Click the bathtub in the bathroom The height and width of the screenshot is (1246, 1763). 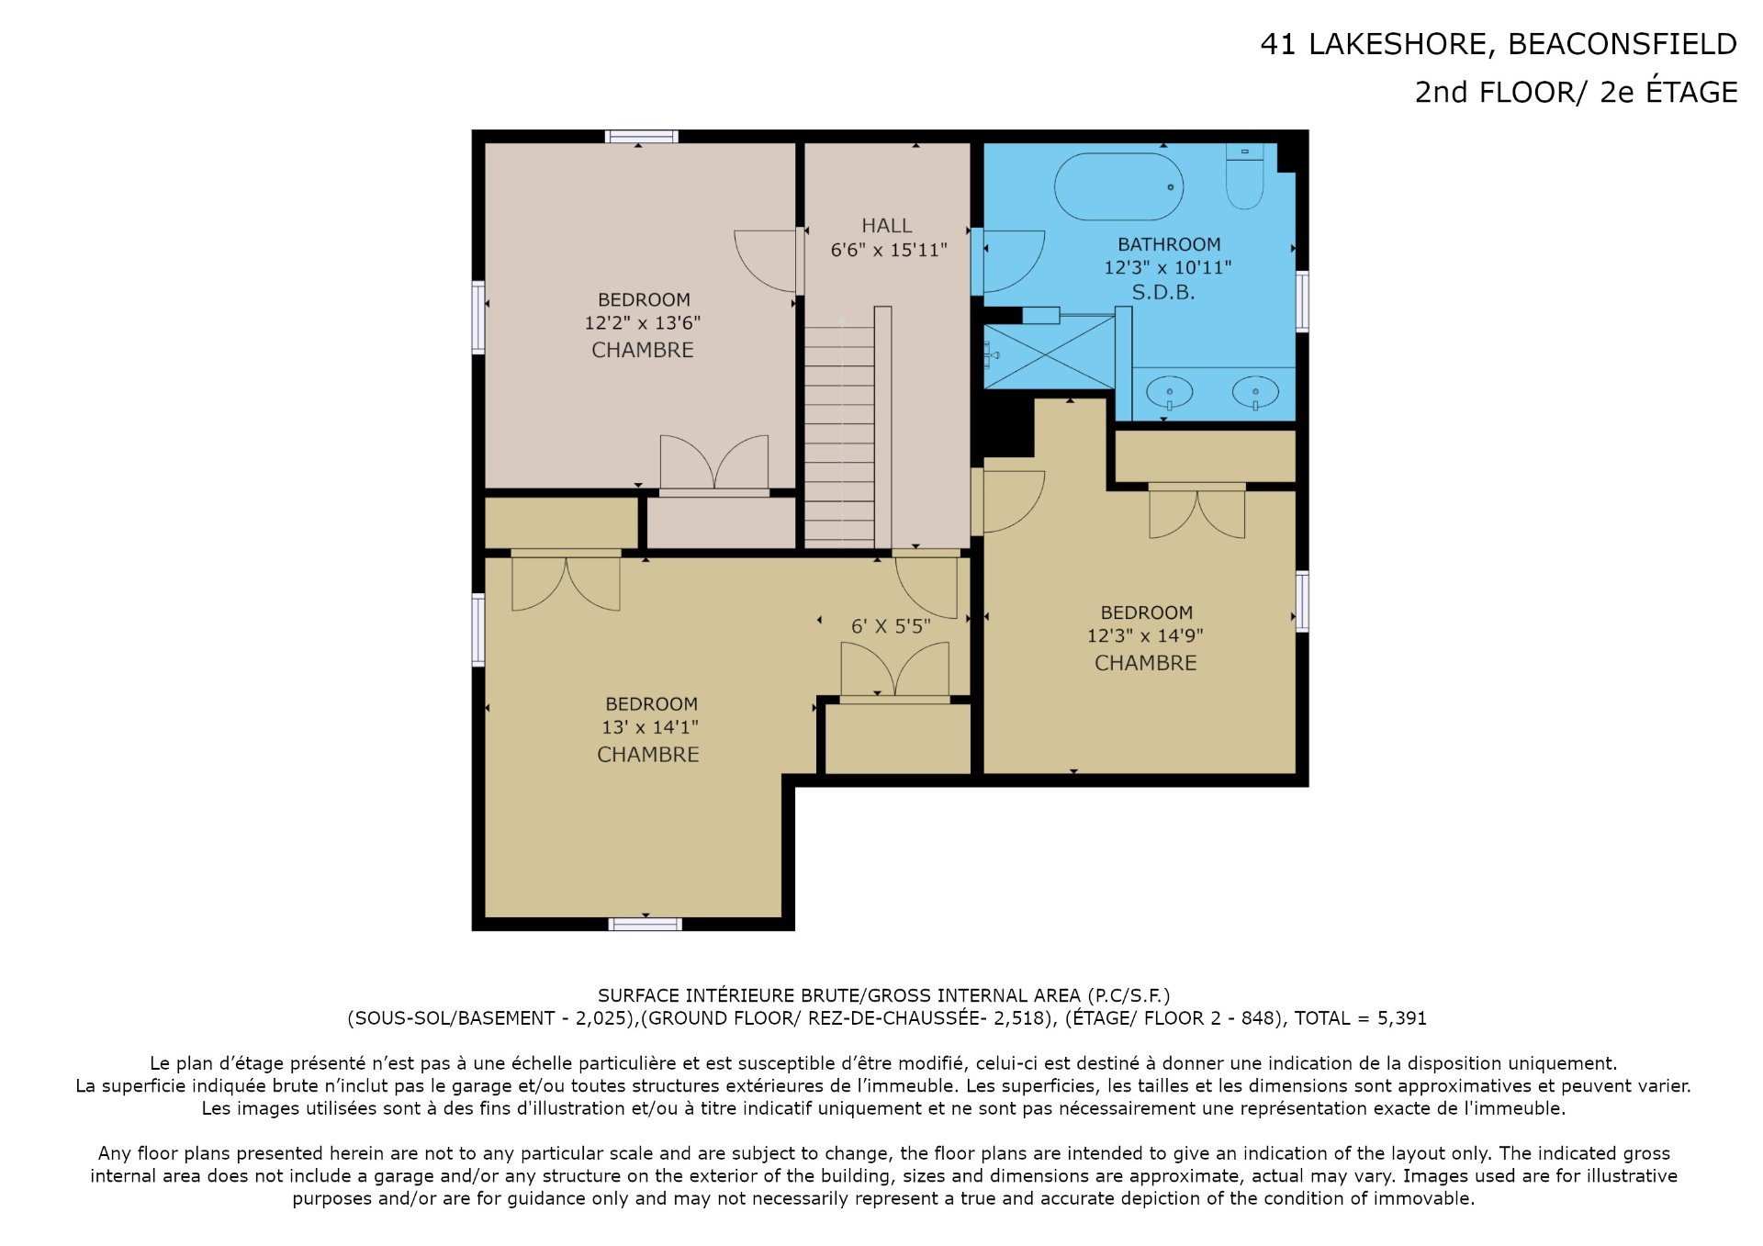click(1117, 186)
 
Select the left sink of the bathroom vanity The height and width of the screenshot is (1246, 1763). click(1170, 393)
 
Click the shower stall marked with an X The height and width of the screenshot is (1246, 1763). click(1050, 352)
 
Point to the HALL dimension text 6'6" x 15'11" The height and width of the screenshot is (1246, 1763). click(888, 250)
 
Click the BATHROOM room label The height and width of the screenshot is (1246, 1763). click(1169, 244)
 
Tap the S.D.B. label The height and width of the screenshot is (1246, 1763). click(1162, 292)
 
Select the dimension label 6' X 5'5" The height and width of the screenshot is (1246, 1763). click(891, 626)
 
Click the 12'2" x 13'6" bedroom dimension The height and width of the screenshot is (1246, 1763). click(643, 322)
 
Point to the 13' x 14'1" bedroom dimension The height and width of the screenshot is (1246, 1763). click(650, 727)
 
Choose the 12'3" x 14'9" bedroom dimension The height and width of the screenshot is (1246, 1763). click(1145, 635)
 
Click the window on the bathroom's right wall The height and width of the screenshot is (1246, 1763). click(1302, 300)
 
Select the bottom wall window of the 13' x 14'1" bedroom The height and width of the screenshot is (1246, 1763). click(646, 924)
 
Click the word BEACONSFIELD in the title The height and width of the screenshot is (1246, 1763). click(1623, 44)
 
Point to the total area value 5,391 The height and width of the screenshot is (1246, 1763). click(1402, 1018)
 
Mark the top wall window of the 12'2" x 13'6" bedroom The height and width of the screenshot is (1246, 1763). click(642, 137)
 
